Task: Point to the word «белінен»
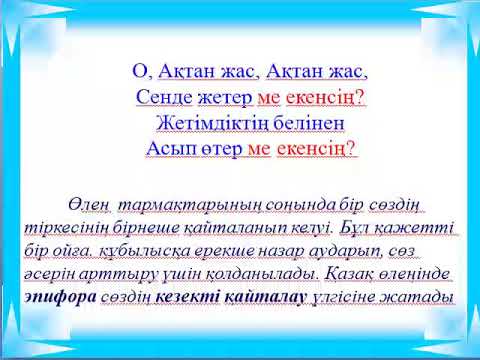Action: (x=294, y=123)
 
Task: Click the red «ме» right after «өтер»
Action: (x=258, y=149)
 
